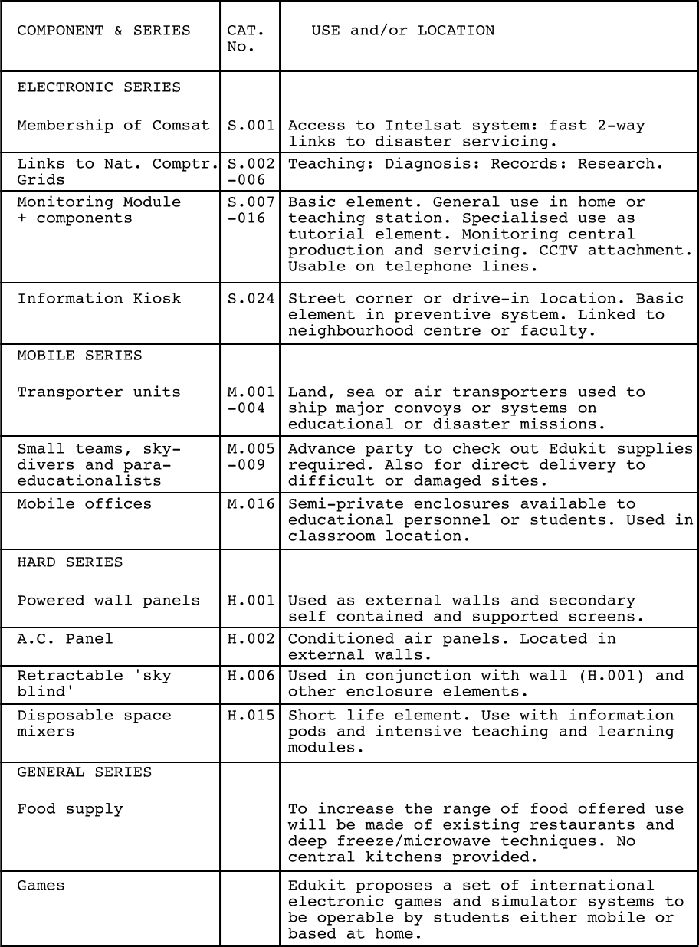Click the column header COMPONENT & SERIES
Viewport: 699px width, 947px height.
[x=103, y=31]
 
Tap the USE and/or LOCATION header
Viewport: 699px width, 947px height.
[x=402, y=31]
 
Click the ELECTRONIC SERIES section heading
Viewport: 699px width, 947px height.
[x=99, y=87]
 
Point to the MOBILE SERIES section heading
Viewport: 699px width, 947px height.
[x=80, y=356]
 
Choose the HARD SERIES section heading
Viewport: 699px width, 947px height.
[x=70, y=562]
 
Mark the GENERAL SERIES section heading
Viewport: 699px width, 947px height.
[x=84, y=772]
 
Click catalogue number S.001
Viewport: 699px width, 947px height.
[x=251, y=126]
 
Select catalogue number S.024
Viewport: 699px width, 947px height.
[x=251, y=299]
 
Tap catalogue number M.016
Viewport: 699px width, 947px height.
[x=251, y=504]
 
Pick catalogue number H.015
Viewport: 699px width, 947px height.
[x=251, y=716]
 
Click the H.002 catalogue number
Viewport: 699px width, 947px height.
[x=251, y=639]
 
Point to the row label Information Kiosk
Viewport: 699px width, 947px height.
[x=99, y=299]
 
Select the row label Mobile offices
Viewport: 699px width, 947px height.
[x=84, y=504]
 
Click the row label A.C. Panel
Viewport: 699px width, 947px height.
[x=65, y=639]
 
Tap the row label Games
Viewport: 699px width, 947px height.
[x=41, y=886]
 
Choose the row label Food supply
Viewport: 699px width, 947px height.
[x=70, y=809]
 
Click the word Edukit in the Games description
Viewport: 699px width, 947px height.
[x=312, y=886]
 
